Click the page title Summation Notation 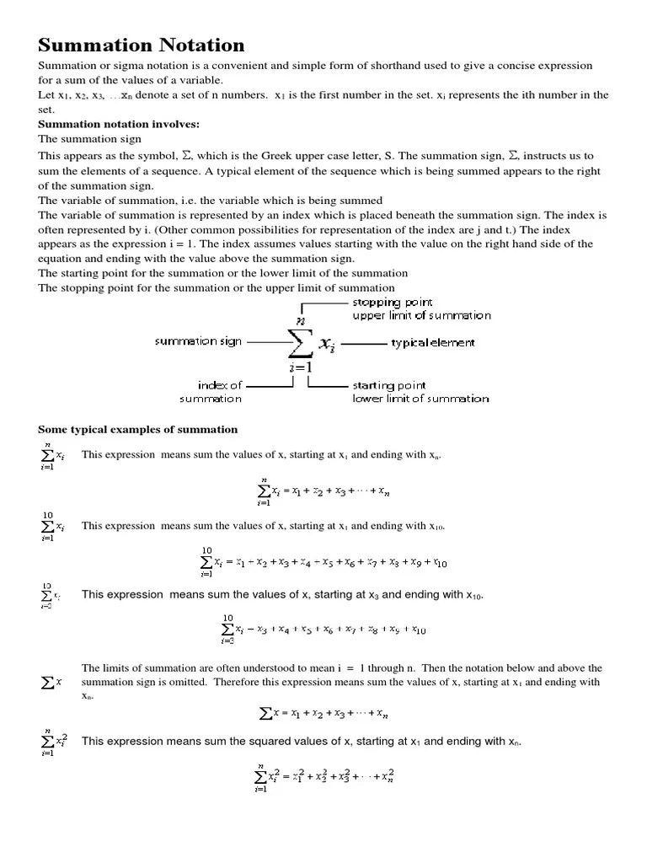142,45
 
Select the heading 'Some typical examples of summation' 138,429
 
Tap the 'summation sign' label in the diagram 198,341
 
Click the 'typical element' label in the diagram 433,343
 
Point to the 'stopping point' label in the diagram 392,302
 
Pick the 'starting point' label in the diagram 389,385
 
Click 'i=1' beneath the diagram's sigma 300,367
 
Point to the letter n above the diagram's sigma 299,319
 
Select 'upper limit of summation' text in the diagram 421,315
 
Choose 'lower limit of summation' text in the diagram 420,398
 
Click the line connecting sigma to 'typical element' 363,343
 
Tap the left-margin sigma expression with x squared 54,742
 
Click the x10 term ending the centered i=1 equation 439,562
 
